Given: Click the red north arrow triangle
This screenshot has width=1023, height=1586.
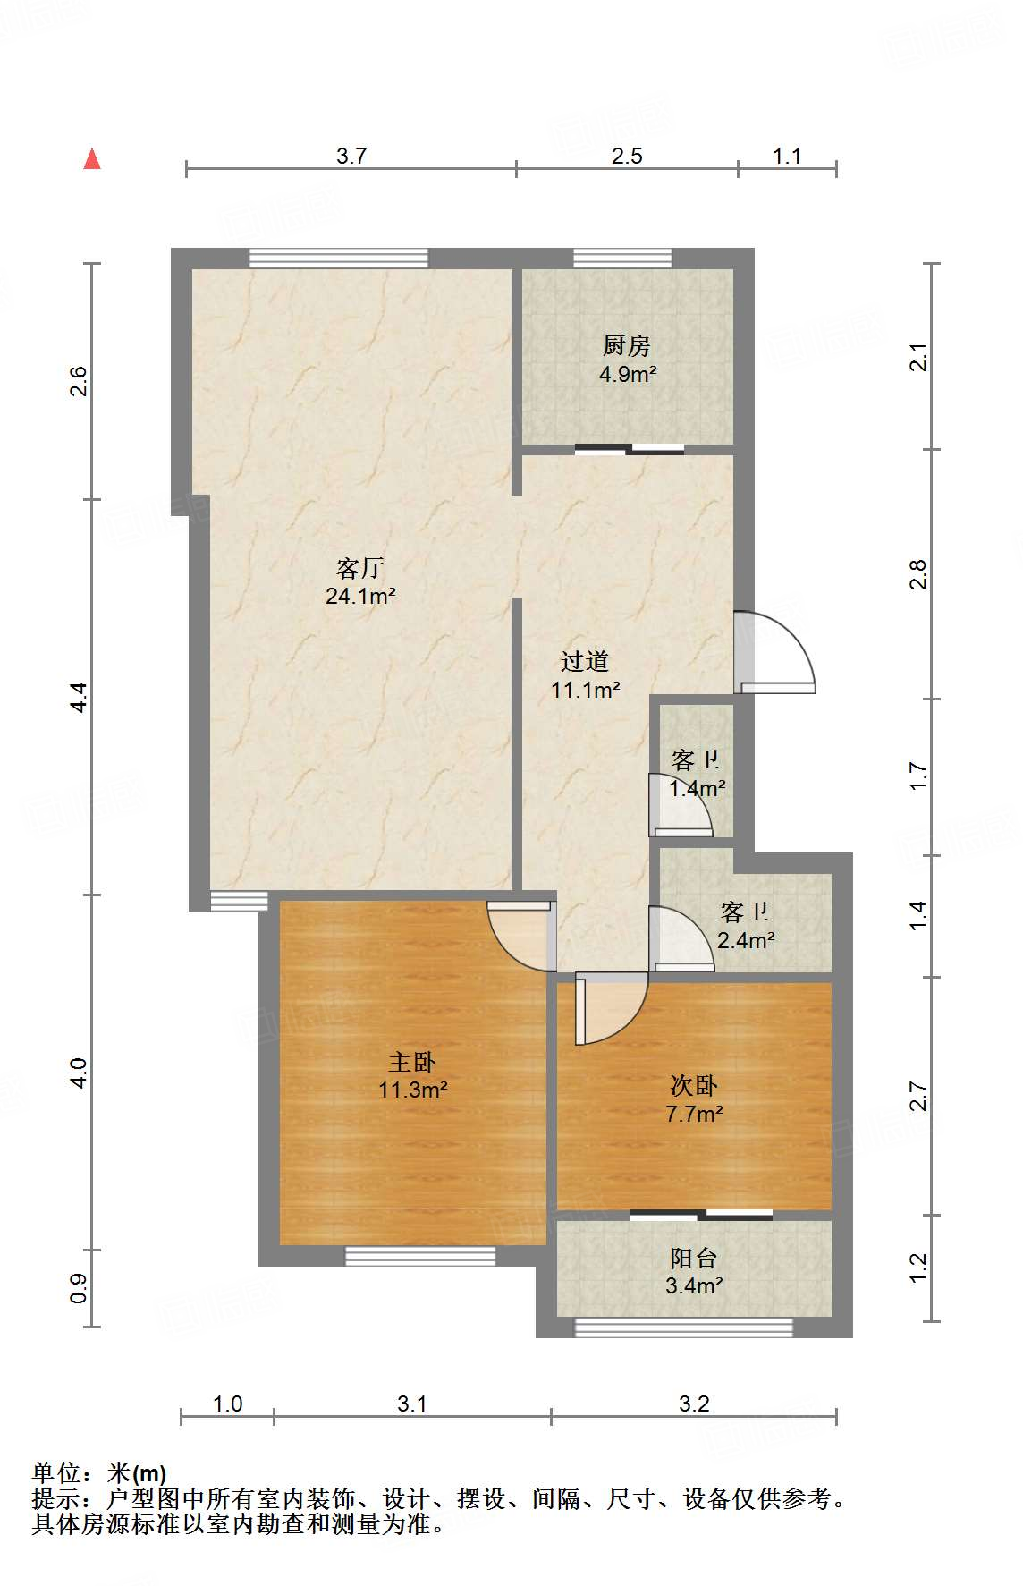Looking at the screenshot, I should [92, 159].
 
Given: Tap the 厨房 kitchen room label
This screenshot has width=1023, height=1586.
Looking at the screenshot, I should [626, 345].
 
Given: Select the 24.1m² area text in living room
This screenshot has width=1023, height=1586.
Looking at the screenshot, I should [360, 596].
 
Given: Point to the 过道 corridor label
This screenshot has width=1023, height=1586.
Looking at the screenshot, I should [585, 661].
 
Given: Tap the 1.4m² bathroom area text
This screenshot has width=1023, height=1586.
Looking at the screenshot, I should [697, 788].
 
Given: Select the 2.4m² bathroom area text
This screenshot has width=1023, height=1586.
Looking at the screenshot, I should [746, 940].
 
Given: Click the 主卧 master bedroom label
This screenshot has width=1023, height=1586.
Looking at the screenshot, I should [412, 1062].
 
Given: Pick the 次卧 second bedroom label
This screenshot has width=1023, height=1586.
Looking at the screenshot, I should [694, 1085].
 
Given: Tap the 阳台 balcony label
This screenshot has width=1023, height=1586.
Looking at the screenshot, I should [694, 1258].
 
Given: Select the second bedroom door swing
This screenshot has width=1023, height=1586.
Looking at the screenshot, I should [612, 1007].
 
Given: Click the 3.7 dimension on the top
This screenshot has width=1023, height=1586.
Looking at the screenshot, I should [351, 156].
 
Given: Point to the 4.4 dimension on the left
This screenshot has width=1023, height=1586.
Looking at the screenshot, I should [79, 696].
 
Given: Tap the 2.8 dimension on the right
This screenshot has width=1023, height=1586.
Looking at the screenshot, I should [918, 573].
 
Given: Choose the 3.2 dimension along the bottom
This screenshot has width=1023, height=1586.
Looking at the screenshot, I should [694, 1404].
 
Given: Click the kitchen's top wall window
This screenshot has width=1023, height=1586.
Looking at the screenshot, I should [622, 258].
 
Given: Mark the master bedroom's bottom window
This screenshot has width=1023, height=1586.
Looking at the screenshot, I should [420, 1256].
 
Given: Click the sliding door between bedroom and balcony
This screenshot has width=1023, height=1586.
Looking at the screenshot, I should [700, 1215].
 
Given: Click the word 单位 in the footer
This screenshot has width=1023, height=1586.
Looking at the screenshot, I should [56, 1472].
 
